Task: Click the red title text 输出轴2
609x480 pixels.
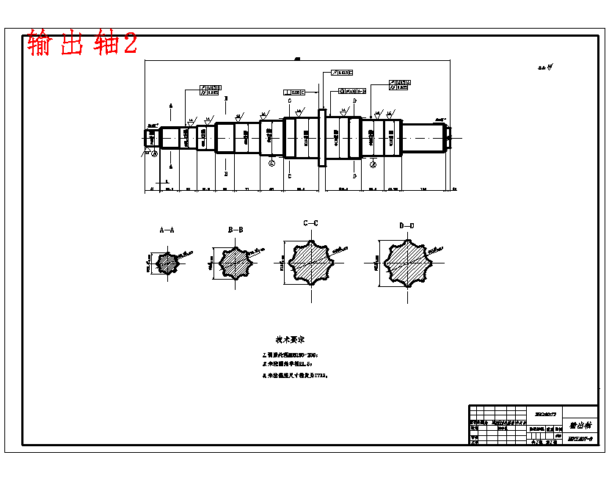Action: [82, 43]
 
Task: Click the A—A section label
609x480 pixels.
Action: [167, 230]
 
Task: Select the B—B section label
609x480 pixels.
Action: [236, 230]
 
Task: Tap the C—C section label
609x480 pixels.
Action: [310, 222]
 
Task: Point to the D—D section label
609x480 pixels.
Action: [406, 225]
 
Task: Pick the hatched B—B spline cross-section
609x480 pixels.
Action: [236, 263]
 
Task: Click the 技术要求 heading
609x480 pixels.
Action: [291, 339]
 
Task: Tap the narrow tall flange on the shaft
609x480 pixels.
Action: [321, 138]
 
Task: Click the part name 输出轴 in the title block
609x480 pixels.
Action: [580, 425]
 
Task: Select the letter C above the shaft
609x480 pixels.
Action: [290, 100]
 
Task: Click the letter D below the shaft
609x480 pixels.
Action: [354, 176]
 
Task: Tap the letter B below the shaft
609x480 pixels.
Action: [226, 173]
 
